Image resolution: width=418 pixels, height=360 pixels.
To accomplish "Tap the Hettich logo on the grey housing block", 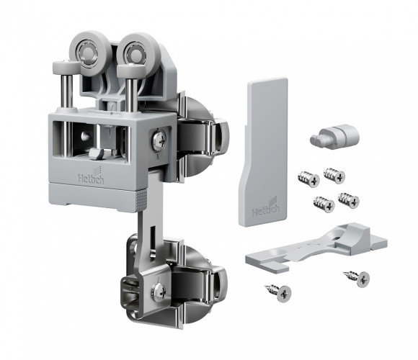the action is pyautogui.click(x=91, y=176).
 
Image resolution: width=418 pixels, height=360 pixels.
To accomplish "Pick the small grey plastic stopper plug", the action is pyautogui.click(x=335, y=135).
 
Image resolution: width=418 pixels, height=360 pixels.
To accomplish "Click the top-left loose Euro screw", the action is pyautogui.click(x=308, y=179).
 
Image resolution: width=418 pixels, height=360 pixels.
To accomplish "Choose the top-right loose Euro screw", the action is pyautogui.click(x=335, y=175).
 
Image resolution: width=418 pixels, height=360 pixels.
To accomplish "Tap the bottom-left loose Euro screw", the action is pyautogui.click(x=324, y=204).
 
